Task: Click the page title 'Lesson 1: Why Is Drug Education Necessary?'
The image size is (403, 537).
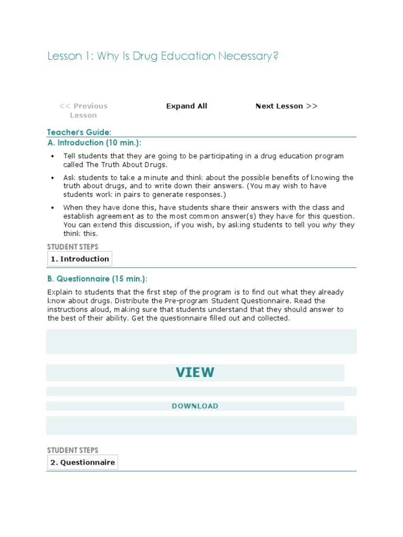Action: point(163,56)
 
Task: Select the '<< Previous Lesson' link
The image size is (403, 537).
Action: point(83,111)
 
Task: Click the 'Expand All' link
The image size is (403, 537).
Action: point(187,106)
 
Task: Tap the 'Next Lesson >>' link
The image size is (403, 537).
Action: point(286,106)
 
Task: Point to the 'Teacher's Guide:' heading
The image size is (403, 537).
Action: point(79,133)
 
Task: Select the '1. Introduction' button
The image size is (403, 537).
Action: point(80,259)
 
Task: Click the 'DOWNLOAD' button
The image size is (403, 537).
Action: point(195,406)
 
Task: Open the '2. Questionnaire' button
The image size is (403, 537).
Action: point(82,462)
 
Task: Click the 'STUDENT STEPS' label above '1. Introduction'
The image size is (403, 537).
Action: point(72,246)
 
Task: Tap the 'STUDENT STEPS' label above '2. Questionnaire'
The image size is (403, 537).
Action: point(72,450)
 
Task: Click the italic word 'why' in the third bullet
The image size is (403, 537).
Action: point(329,225)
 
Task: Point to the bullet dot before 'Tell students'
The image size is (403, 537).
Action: point(52,156)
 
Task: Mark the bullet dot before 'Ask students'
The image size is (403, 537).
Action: point(52,178)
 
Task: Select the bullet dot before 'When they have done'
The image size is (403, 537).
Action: point(52,208)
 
